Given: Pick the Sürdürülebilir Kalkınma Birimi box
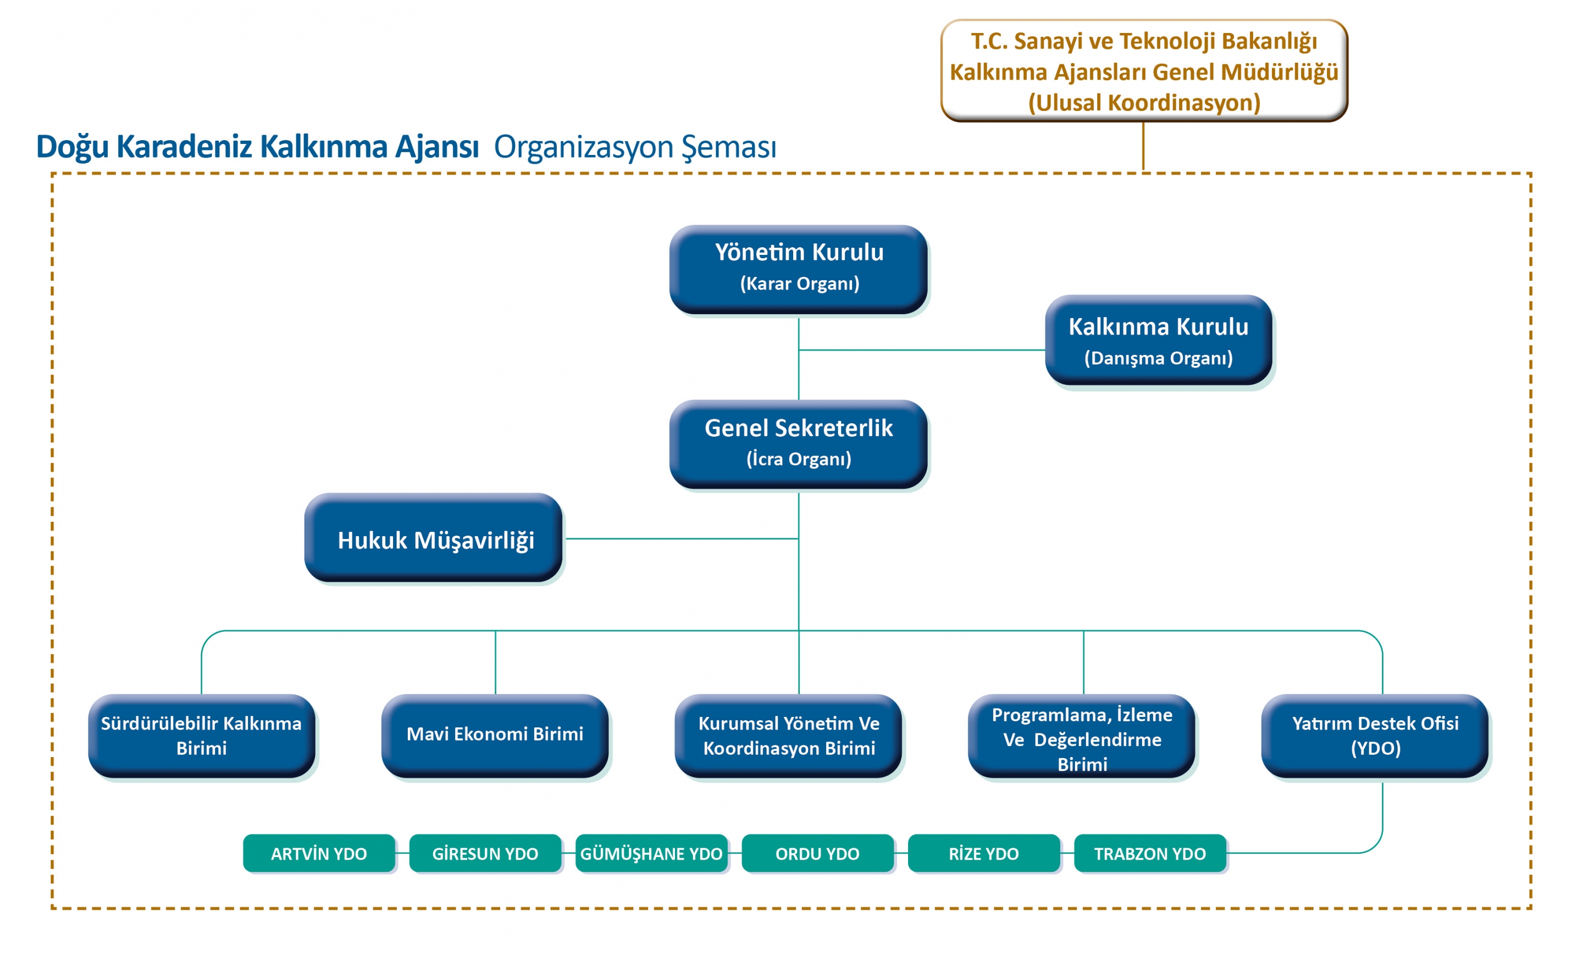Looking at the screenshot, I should pyautogui.click(x=201, y=736).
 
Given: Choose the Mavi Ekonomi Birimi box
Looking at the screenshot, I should pyautogui.click(x=495, y=736).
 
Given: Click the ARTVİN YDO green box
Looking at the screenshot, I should pyautogui.click(x=319, y=853).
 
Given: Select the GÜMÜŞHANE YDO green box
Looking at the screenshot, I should pyautogui.click(x=651, y=853).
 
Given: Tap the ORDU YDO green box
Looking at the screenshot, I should pyautogui.click(x=817, y=853).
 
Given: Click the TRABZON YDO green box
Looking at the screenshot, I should pyautogui.click(x=1150, y=853).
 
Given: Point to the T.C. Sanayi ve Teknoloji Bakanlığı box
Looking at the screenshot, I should pyautogui.click(x=1144, y=71).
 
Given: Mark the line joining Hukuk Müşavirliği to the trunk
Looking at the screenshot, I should pyautogui.click(x=681, y=539).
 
